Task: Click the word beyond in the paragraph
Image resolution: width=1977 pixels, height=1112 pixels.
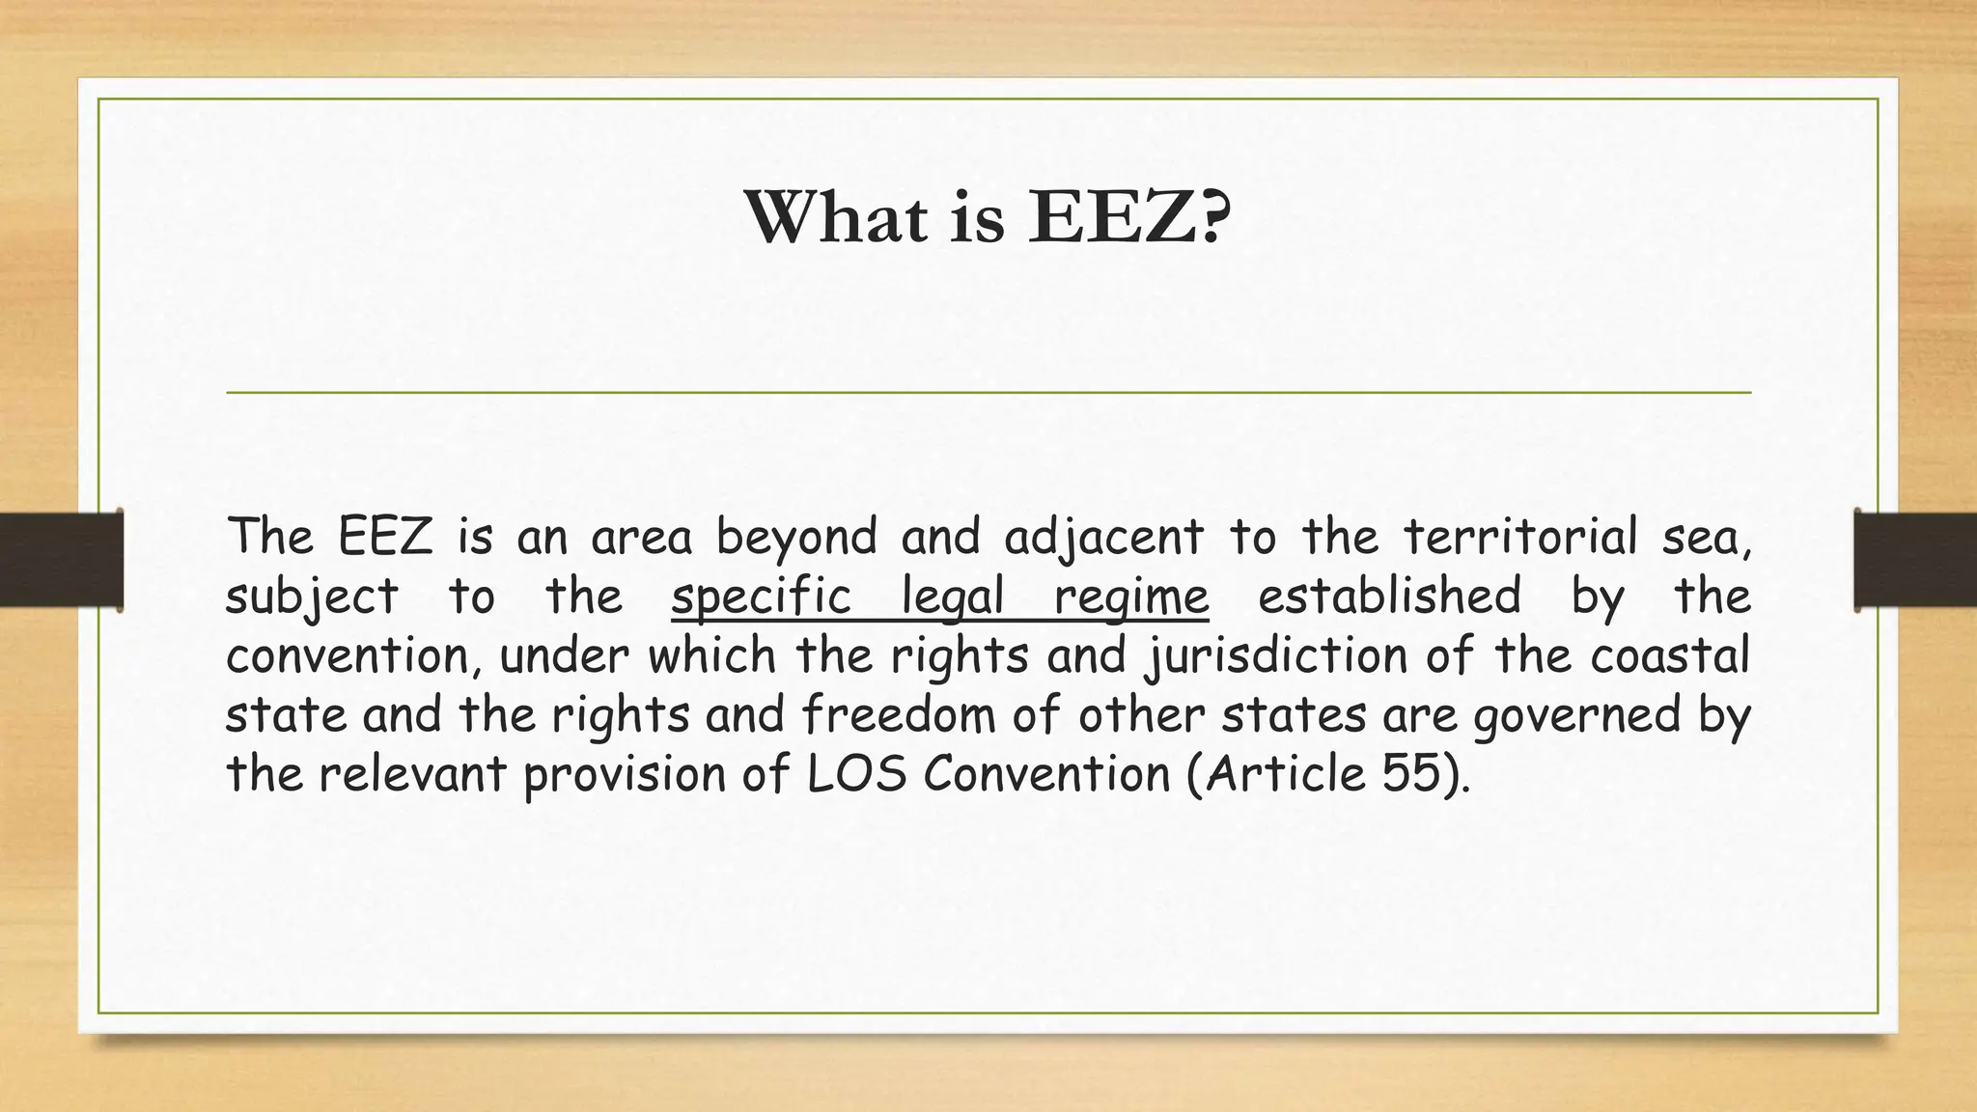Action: point(796,539)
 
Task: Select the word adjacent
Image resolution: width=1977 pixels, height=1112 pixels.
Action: point(1104,539)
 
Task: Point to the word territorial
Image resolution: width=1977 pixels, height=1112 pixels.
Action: point(1520,537)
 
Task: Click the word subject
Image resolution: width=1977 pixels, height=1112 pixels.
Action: point(312,598)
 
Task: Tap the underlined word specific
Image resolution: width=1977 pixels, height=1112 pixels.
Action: point(762,596)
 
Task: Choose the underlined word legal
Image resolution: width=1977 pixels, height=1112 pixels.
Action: point(952,598)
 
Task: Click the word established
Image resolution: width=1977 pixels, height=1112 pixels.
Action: point(1389,596)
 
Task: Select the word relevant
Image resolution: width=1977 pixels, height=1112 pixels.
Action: point(413,774)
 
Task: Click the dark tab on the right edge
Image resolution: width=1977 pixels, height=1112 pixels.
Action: point(1915,560)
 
